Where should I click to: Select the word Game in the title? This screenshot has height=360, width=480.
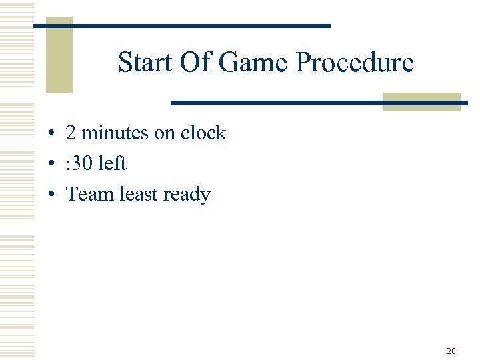253,63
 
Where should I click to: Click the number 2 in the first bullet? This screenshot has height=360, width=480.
70,133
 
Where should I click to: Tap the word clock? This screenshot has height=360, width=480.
203,133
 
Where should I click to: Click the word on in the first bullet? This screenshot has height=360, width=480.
164,133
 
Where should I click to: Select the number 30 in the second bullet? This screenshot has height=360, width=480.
85,164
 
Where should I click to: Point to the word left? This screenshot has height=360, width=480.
112,163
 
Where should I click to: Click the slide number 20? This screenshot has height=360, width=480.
451,351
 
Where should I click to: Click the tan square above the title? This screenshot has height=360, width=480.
59,57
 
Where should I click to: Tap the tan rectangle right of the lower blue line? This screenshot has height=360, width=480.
421,101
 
